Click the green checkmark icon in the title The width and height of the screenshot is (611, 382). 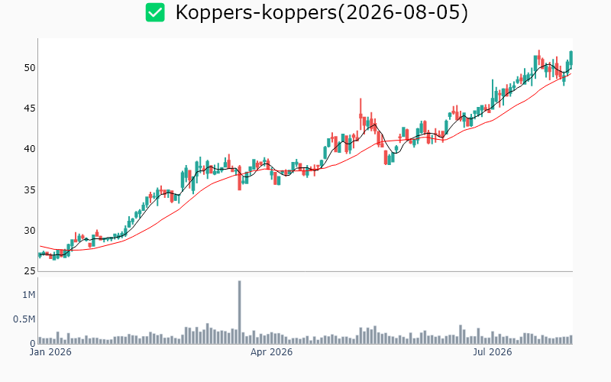[155, 12]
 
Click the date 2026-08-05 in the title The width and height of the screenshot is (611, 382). [403, 12]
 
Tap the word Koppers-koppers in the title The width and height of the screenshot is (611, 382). [256, 13]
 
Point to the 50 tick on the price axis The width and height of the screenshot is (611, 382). [30, 68]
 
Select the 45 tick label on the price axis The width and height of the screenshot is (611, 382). [30, 108]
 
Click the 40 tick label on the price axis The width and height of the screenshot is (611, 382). [30, 149]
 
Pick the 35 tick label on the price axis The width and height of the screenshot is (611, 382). [30, 190]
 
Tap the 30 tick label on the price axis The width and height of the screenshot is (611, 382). [30, 231]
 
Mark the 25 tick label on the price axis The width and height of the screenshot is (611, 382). [30, 271]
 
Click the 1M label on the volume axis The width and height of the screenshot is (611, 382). [28, 295]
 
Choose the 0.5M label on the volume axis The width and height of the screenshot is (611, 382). [24, 319]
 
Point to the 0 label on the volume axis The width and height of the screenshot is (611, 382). [33, 344]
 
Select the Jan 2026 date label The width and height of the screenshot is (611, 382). [50, 352]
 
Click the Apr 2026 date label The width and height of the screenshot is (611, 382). [271, 352]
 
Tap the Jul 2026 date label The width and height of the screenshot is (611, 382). [493, 352]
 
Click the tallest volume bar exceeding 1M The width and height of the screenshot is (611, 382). [239, 312]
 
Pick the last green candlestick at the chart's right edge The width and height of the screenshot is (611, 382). [571, 58]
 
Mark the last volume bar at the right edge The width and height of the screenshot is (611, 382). [571, 339]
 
